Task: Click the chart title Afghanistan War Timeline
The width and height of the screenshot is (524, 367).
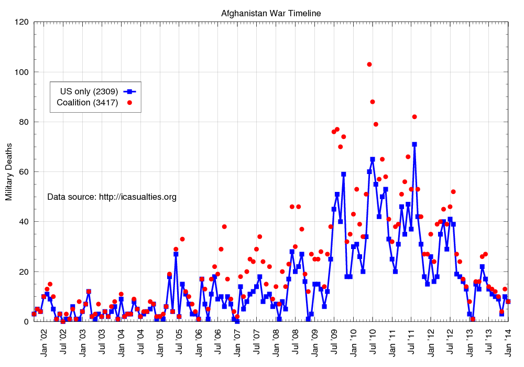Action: coord(271,13)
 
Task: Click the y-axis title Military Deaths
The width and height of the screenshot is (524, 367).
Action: coord(9,171)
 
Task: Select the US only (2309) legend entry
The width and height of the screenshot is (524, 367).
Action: coord(88,91)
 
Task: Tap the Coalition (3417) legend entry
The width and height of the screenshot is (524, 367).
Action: coord(88,102)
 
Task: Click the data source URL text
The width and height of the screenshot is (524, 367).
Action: coord(112,197)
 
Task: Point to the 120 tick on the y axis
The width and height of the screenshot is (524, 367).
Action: coord(21,22)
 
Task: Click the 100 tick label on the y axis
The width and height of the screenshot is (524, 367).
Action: coord(21,72)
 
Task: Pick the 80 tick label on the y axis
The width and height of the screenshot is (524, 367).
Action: coord(24,122)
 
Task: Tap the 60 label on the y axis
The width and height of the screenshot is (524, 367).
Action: coord(24,172)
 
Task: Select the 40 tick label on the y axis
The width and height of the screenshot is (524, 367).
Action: coord(24,222)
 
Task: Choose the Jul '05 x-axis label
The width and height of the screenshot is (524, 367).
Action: coord(179,341)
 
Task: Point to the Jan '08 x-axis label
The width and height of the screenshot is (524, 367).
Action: coord(276,341)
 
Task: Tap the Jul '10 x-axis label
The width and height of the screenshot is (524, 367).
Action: coord(373,341)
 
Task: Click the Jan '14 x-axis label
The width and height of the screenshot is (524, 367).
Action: coord(508,341)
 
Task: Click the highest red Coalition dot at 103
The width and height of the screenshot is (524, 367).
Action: coord(369,64)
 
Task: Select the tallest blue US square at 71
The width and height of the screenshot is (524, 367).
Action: coord(414,144)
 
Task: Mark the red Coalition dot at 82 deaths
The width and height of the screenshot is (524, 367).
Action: coord(414,117)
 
